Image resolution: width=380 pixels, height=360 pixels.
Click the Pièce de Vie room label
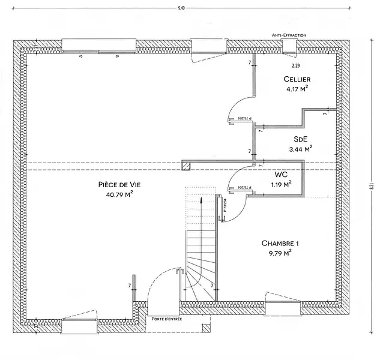[x=118, y=185]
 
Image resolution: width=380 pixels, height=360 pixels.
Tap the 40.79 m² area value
[x=119, y=194]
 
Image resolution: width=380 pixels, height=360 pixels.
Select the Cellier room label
[x=297, y=80]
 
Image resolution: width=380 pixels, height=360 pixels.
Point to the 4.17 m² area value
[x=297, y=89]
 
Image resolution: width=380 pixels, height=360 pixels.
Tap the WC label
[x=280, y=175]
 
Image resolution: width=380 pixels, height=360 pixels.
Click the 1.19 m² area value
[x=281, y=184]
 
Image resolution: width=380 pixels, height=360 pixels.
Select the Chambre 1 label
[x=280, y=243]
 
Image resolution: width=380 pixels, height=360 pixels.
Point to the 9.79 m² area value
[x=280, y=253]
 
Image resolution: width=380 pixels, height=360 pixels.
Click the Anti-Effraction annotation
[x=289, y=35]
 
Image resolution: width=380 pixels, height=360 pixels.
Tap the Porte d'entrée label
[x=167, y=319]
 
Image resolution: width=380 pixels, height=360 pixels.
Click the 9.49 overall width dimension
[x=181, y=7]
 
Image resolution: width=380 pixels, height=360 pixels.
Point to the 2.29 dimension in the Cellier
[x=295, y=65]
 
